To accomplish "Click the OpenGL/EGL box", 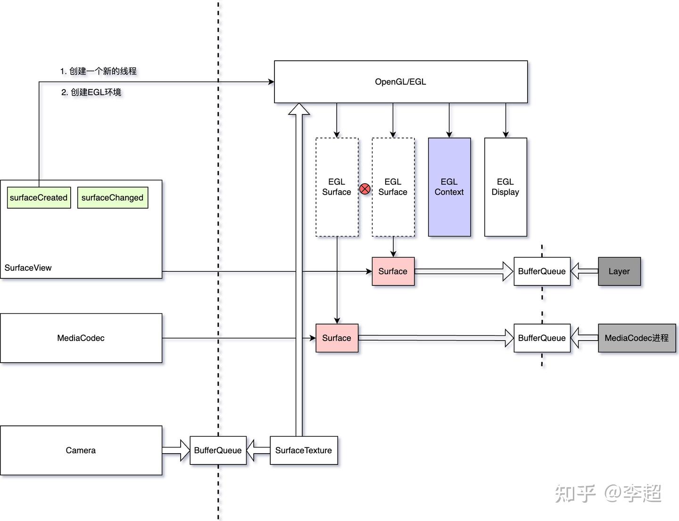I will (400, 81).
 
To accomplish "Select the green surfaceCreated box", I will (39, 197).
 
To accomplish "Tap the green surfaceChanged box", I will (112, 197).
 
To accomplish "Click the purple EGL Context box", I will (449, 187).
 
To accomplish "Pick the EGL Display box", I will (505, 187).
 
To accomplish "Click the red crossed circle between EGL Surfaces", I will (365, 189).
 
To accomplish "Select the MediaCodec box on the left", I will (81, 338).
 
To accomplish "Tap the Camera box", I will (81, 450).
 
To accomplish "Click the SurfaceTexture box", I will (303, 450).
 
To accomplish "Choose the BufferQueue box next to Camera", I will (218, 450).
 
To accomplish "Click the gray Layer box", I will (619, 271).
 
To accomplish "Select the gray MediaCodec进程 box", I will (637, 338).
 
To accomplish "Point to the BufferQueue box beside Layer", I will (542, 271).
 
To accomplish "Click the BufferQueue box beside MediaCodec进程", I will (542, 338).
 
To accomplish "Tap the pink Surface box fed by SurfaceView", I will (393, 271).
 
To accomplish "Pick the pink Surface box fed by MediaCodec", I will (336, 338).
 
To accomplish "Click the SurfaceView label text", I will (28, 268).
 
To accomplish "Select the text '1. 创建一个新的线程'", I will (98, 71).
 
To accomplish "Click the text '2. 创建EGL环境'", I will (91, 92).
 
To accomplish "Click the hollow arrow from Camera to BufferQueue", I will (176, 450).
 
